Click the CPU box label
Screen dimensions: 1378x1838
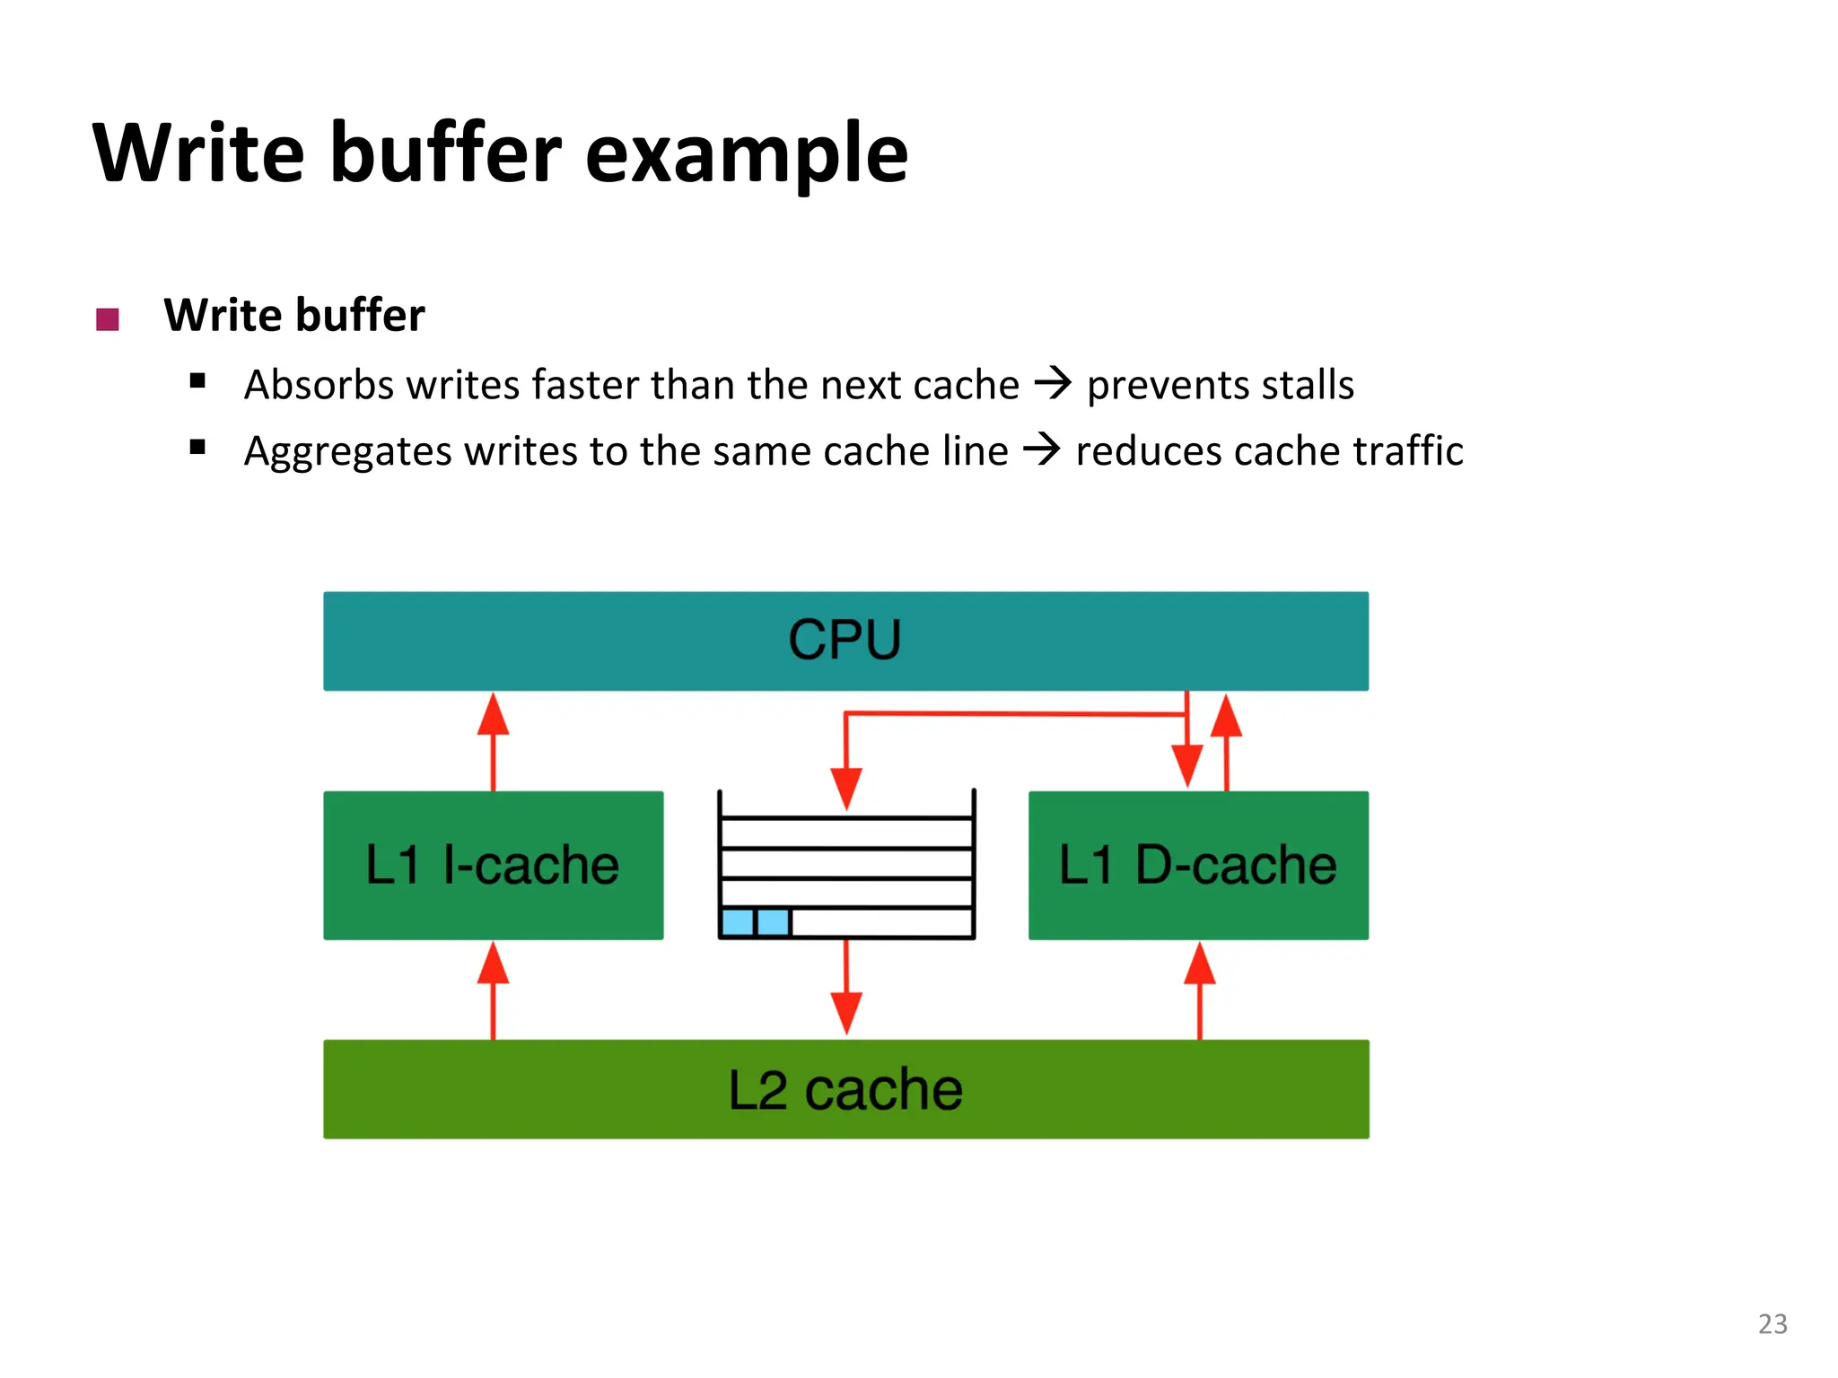[x=845, y=640]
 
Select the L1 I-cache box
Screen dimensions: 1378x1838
[x=493, y=865]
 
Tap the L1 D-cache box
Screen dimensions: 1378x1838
[x=1198, y=865]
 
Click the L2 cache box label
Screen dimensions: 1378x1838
[x=845, y=1090]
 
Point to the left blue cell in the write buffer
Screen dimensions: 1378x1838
[x=738, y=922]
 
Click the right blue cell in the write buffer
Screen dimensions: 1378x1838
[x=773, y=922]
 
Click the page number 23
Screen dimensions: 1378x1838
[x=1772, y=1324]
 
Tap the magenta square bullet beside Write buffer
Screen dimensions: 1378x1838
[x=108, y=319]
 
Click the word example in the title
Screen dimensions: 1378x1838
[x=747, y=154]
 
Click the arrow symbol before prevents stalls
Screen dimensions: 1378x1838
[x=1053, y=383]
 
